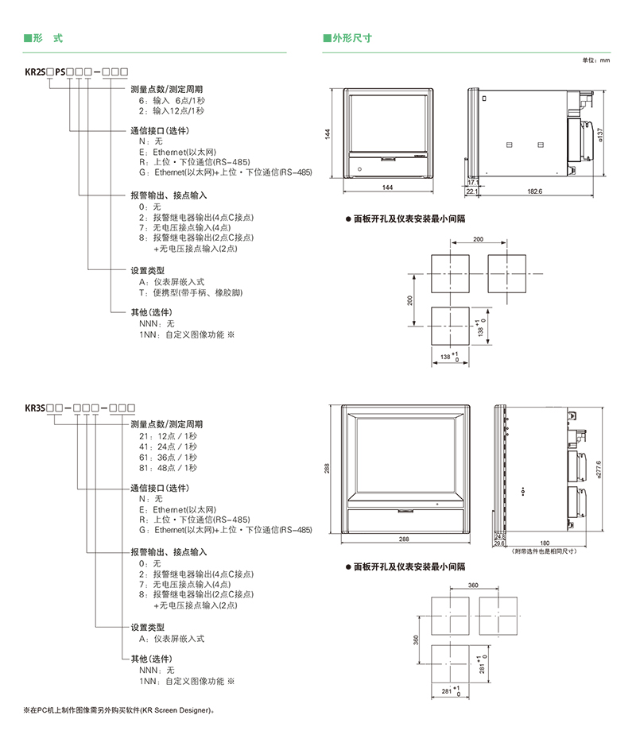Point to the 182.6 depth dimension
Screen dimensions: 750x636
(x=534, y=191)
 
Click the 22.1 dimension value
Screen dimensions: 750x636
(x=471, y=191)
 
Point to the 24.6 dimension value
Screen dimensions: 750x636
(x=499, y=536)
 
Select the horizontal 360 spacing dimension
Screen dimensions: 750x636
(x=474, y=585)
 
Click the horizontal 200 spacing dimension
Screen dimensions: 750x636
(x=478, y=239)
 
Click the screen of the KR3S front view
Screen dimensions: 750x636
(x=405, y=457)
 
